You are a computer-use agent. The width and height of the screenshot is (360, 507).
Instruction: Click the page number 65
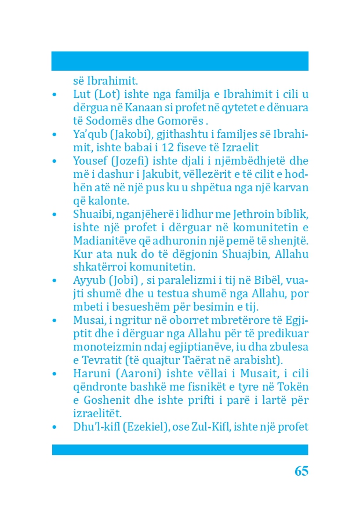[x=301, y=471]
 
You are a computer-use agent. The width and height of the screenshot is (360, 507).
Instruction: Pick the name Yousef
[x=90, y=161]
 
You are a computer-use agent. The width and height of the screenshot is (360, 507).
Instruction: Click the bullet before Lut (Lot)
[x=54, y=94]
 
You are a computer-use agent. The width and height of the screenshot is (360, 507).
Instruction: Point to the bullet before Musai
[x=54, y=321]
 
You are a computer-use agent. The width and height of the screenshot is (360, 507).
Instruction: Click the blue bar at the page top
[x=180, y=61]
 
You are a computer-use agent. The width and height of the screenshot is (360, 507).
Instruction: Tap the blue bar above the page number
[x=180, y=450]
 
